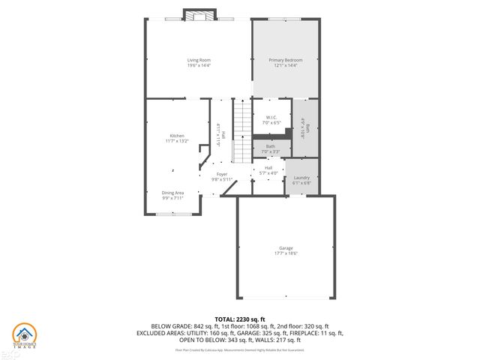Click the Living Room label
click(199, 60)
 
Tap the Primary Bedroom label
click(285, 60)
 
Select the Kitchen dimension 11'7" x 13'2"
click(176, 141)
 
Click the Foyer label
click(222, 174)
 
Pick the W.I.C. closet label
click(271, 117)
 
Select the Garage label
click(286, 248)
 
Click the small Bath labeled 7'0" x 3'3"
click(271, 148)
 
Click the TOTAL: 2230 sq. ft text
click(240, 319)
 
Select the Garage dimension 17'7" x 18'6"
click(286, 253)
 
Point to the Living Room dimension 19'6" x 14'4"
click(199, 65)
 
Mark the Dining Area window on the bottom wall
click(172, 214)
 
